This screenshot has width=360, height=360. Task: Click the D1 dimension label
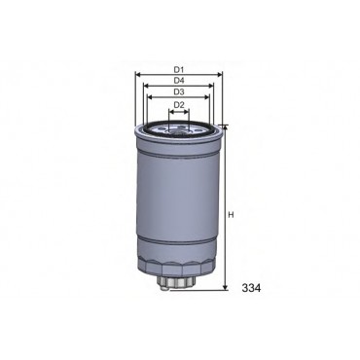[179, 69]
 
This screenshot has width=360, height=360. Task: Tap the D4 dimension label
[179, 80]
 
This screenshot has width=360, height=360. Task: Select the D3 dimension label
[179, 91]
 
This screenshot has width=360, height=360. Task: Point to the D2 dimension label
[179, 105]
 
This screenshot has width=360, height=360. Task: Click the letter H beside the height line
[231, 215]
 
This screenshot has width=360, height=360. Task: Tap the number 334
[251, 288]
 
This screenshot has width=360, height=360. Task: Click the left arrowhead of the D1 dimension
[137, 75]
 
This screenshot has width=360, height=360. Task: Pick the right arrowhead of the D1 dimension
[220, 75]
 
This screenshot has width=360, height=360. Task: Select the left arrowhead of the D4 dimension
[146, 86]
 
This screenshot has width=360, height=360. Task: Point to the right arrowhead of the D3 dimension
[206, 97]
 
